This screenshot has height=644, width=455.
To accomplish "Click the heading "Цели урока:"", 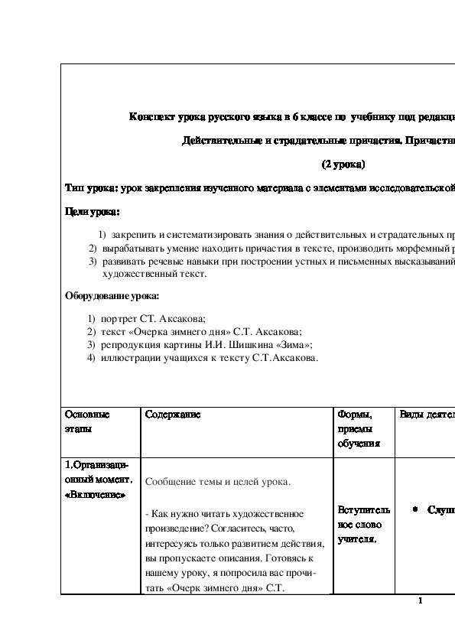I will click(x=93, y=211).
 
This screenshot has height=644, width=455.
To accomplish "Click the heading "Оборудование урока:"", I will click(x=112, y=296).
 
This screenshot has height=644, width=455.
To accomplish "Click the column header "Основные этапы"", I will click(x=87, y=421).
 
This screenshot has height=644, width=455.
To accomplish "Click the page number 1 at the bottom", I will click(x=421, y=600).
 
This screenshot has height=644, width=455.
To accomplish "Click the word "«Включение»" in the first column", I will click(x=95, y=494).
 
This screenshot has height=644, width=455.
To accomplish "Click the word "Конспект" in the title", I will click(x=150, y=117).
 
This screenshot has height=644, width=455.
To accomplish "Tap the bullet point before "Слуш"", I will click(x=414, y=509).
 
